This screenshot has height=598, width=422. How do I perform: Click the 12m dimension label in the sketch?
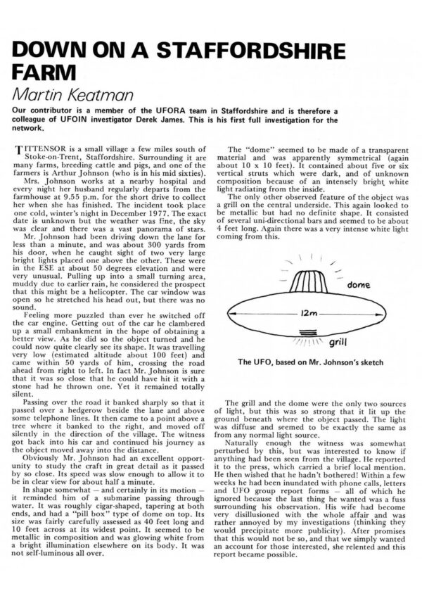pyautogui.click(x=302, y=312)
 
